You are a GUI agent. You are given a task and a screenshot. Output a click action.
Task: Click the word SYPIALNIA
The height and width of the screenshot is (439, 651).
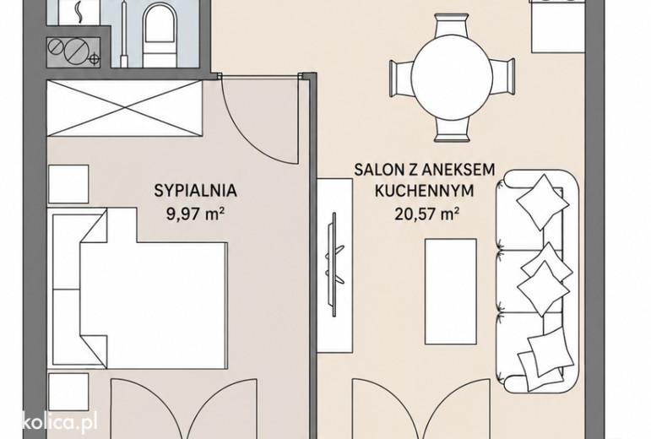[x=196, y=191]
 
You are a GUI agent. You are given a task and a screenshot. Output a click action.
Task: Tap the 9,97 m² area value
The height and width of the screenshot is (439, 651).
[x=196, y=214]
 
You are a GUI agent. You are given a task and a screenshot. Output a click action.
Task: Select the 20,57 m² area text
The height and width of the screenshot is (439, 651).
[x=426, y=214]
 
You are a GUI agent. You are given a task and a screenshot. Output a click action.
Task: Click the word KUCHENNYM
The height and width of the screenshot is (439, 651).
[x=425, y=191]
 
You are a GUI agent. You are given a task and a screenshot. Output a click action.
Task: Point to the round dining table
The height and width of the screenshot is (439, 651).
[x=452, y=79]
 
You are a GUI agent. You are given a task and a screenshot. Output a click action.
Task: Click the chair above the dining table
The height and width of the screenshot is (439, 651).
[x=452, y=27]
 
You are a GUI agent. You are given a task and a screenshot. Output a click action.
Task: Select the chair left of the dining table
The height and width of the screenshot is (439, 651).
[x=401, y=79]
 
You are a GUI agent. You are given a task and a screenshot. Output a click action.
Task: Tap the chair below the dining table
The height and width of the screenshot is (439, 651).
[x=452, y=131]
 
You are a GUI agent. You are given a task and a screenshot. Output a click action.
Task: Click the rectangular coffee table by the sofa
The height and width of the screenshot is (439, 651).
[x=451, y=291]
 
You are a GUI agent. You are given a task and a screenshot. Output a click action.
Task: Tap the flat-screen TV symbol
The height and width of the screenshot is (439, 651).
[x=334, y=264]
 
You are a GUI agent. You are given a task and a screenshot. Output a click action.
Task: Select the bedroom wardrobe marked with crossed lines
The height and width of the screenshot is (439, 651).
[x=125, y=108]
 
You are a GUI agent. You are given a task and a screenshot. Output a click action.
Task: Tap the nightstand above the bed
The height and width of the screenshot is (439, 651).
[x=68, y=184]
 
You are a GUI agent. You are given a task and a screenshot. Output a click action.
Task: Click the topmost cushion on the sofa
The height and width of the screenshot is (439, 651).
[x=543, y=202]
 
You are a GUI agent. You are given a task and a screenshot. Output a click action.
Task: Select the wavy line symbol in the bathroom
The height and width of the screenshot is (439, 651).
[x=78, y=13]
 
